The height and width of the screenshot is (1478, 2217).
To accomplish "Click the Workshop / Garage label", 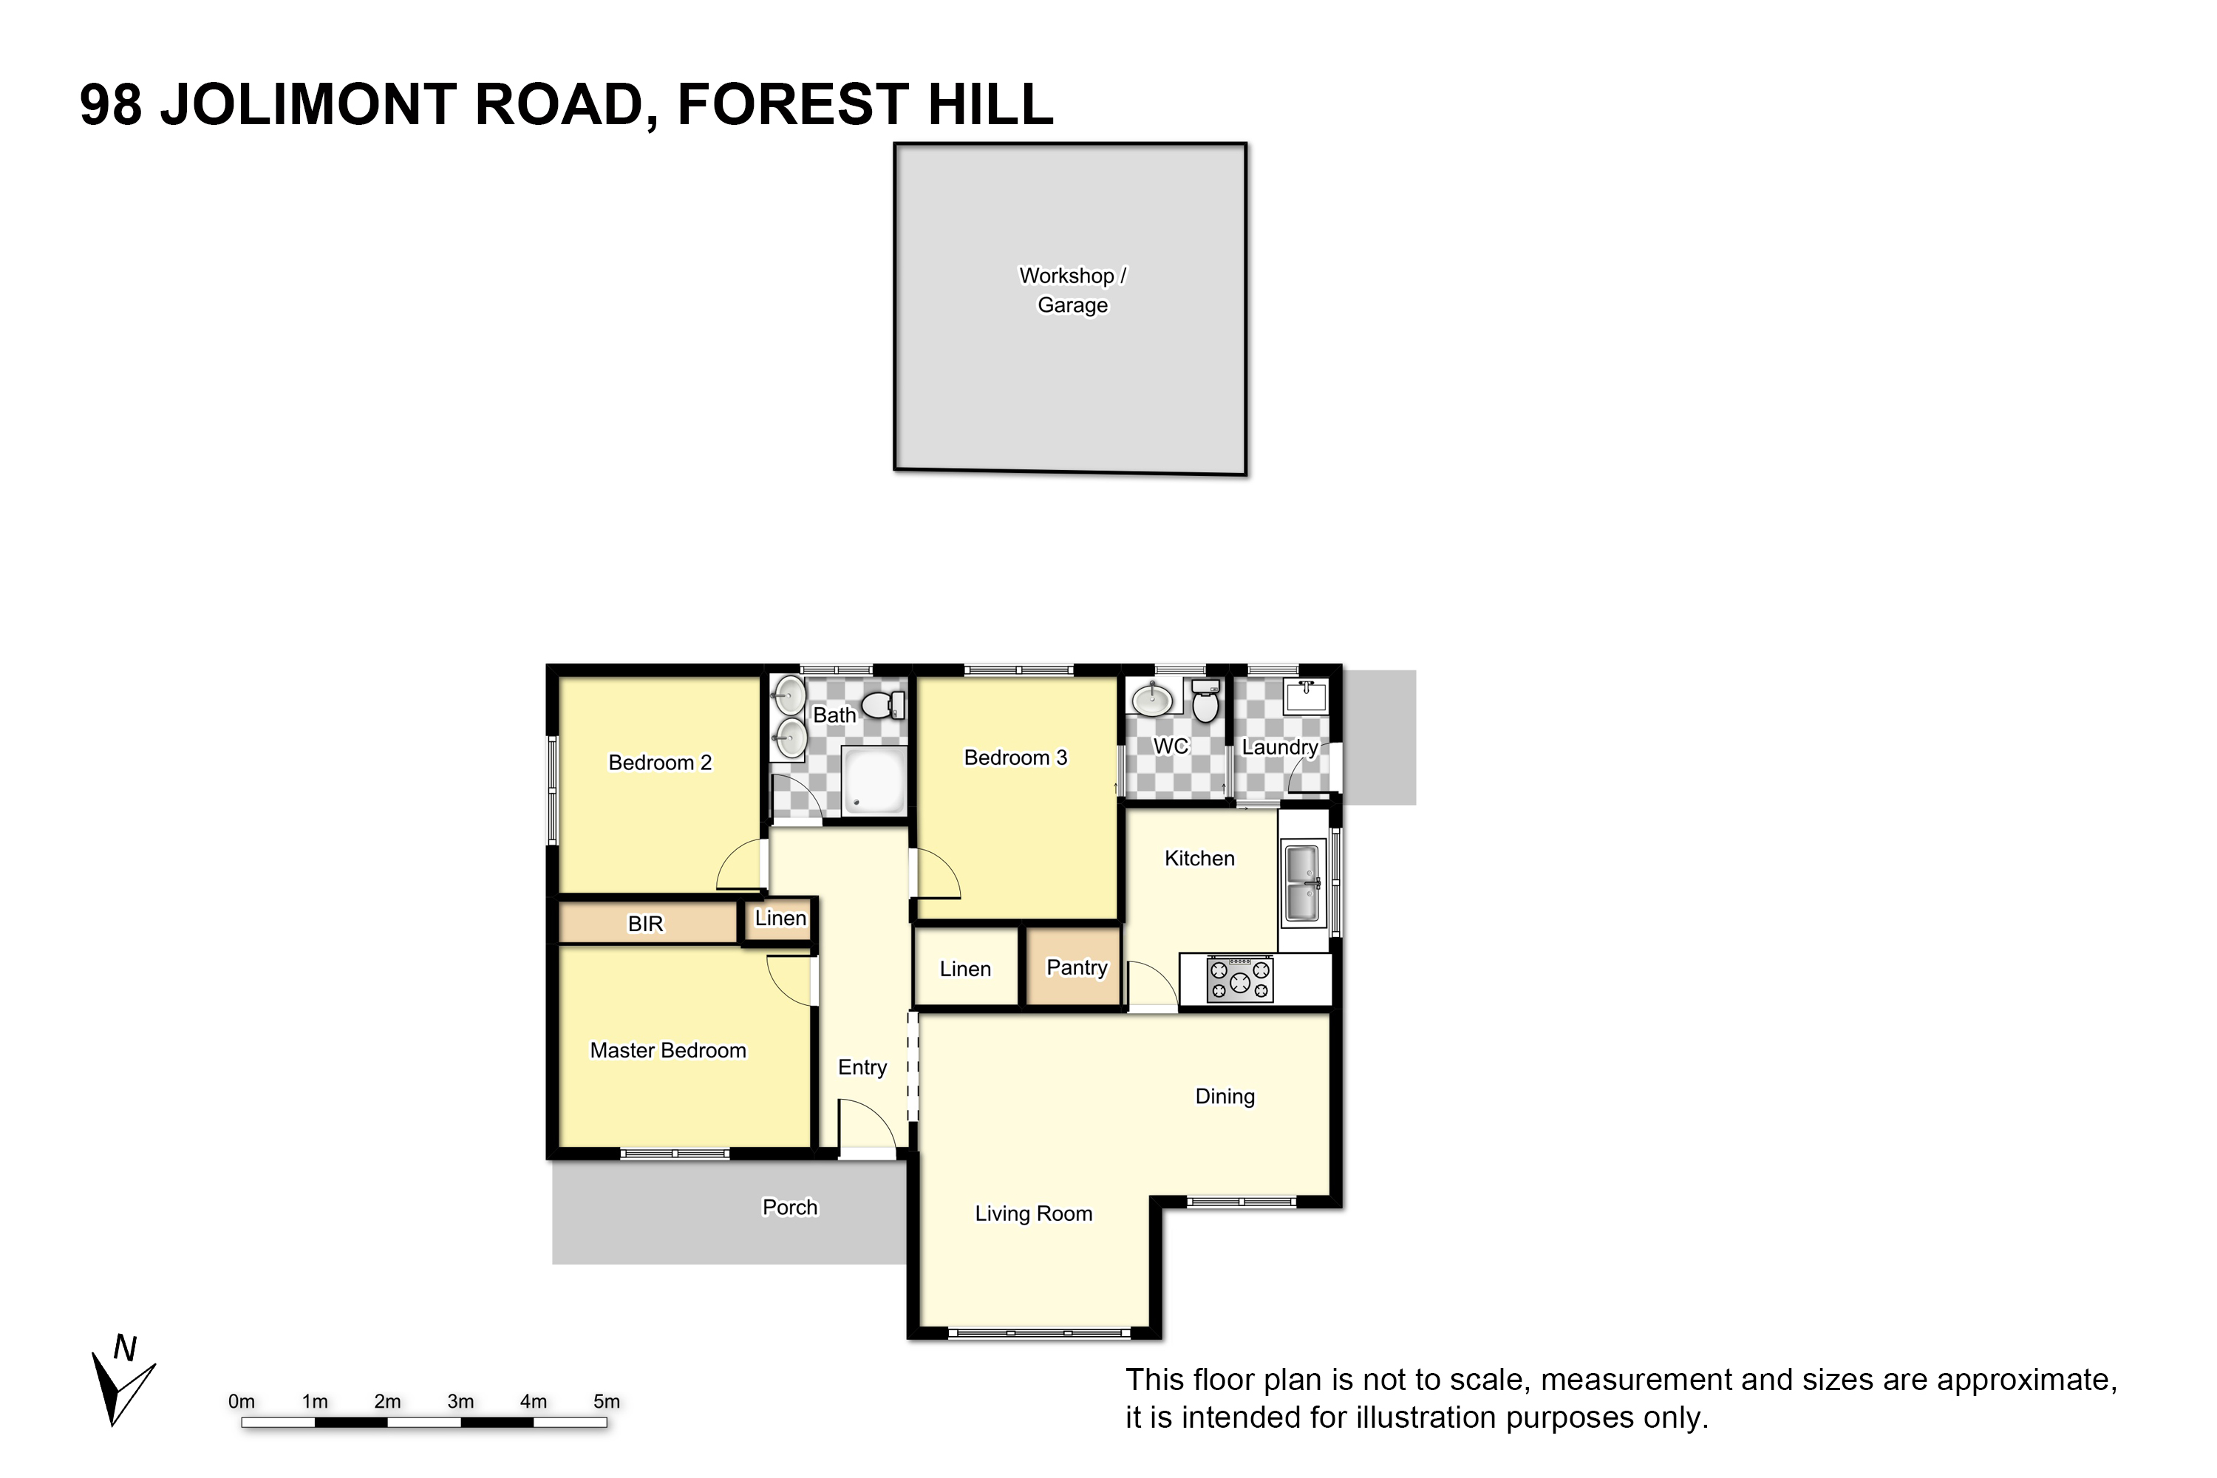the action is pos(1073,290).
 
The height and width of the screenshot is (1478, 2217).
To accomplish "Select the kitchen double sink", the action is pos(1303,883).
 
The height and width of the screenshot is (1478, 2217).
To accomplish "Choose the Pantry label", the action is pos(1077,967).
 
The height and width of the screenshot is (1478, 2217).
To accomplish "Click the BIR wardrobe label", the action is pos(646,924).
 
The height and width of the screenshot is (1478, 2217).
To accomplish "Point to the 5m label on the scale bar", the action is pos(606,1402).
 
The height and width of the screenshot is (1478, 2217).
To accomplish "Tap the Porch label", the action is pos(790,1208).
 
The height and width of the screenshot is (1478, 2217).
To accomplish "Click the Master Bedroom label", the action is pos(667,1050).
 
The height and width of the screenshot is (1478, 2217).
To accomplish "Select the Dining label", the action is pos(1225,1096).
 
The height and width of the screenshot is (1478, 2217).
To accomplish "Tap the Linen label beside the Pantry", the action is pos(965,969).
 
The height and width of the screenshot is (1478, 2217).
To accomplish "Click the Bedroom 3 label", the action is pos(1015,758).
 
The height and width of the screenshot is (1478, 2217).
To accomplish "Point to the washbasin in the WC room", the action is pos(1152,699).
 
